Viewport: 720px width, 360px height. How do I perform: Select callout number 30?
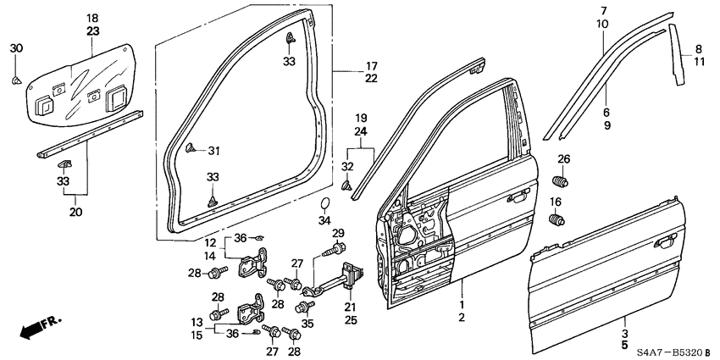[x=16, y=48]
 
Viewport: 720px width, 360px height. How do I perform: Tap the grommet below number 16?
[x=557, y=222]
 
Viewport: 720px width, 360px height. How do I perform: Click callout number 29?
[x=338, y=233]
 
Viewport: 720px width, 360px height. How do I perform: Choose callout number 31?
[x=213, y=151]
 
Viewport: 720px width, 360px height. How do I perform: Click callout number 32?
[x=346, y=165]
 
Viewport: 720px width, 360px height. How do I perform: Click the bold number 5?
[x=624, y=346]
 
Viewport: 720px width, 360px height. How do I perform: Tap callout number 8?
[x=699, y=49]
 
